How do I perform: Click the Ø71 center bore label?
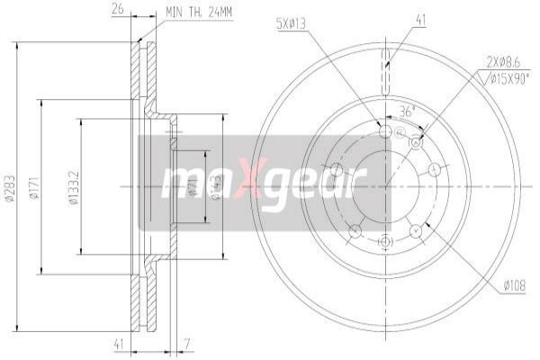click(x=193, y=188)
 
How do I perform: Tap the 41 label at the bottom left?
click(x=118, y=343)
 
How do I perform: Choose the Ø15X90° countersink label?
click(x=508, y=78)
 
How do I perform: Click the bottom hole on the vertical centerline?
click(x=385, y=241)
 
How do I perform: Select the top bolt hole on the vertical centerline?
click(x=385, y=132)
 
